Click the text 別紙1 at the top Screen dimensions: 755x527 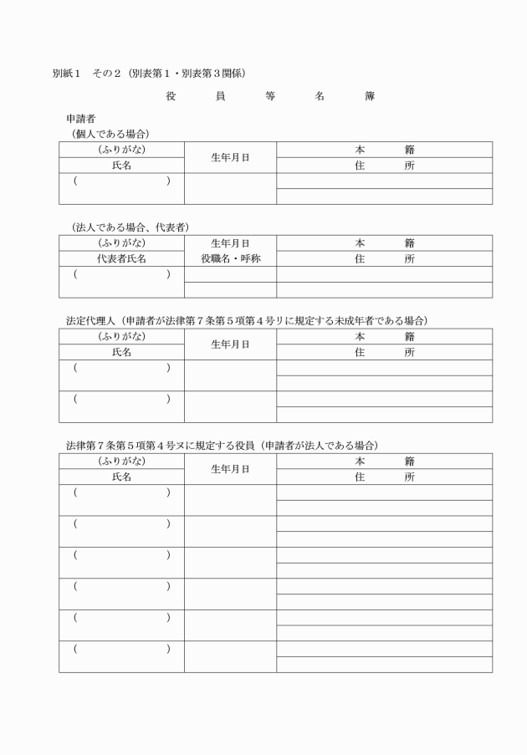65,73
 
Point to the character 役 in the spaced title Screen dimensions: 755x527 171,96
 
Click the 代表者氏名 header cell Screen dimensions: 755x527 121,258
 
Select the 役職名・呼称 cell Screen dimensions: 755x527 230,258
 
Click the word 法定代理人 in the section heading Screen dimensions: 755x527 91,320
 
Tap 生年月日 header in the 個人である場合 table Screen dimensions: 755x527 230,157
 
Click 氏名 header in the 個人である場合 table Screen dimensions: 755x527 121,166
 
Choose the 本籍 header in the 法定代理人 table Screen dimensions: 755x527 384,336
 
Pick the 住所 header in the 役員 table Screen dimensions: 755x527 384,477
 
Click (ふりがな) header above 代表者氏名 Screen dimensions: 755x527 121,242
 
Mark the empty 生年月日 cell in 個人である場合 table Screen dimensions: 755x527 230,189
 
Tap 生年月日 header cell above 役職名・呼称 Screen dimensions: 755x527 230,242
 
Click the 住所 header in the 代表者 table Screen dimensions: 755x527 384,258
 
